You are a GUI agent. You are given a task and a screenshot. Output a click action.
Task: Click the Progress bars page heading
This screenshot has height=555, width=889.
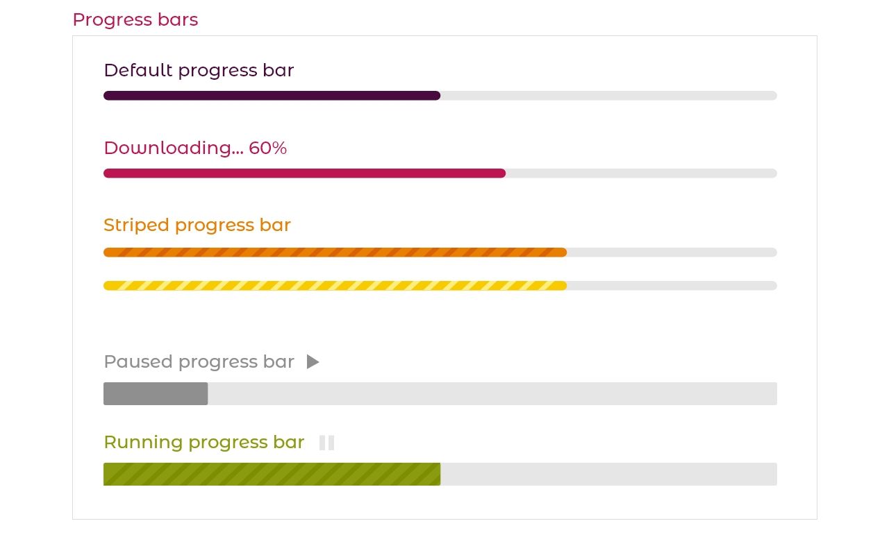[x=135, y=19]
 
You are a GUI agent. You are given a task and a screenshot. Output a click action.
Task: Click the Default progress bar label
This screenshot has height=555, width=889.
[x=199, y=70]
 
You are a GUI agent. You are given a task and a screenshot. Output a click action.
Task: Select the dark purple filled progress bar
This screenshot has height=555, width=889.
[x=272, y=96]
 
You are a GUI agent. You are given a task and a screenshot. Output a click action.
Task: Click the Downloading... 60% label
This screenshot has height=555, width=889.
[x=195, y=148]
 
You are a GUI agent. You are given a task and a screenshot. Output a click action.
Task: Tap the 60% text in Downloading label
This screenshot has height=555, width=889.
[x=267, y=148]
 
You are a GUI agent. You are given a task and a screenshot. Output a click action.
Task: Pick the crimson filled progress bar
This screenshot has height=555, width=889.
[x=304, y=173]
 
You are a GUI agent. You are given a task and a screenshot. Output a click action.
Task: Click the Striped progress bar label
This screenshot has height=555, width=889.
[x=197, y=225]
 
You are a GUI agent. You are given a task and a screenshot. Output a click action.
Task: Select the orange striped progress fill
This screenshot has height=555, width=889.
[x=335, y=253]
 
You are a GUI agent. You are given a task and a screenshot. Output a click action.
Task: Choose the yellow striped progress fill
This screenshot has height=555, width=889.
[x=335, y=286]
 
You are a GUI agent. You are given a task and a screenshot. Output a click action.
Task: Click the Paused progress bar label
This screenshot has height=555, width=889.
[x=199, y=361]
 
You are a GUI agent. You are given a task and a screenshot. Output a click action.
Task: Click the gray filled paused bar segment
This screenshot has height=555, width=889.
[x=156, y=393]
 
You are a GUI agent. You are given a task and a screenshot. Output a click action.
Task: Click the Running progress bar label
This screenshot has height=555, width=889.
[x=204, y=442]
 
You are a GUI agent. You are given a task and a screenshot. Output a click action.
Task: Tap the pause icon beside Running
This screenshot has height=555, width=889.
[x=326, y=443]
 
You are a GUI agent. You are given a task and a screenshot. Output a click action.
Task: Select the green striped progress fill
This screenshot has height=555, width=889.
[x=272, y=474]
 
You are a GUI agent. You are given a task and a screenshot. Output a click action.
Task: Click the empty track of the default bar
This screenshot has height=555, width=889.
[x=608, y=96]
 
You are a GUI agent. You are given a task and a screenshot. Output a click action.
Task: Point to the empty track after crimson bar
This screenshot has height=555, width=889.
[x=641, y=173]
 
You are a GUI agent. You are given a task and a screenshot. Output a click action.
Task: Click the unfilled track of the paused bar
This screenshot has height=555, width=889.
[x=492, y=393]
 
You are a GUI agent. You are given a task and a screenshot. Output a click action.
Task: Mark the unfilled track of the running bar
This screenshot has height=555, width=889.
[x=608, y=474]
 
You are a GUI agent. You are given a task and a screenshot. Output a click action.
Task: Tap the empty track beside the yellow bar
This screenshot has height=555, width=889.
[x=672, y=286]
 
